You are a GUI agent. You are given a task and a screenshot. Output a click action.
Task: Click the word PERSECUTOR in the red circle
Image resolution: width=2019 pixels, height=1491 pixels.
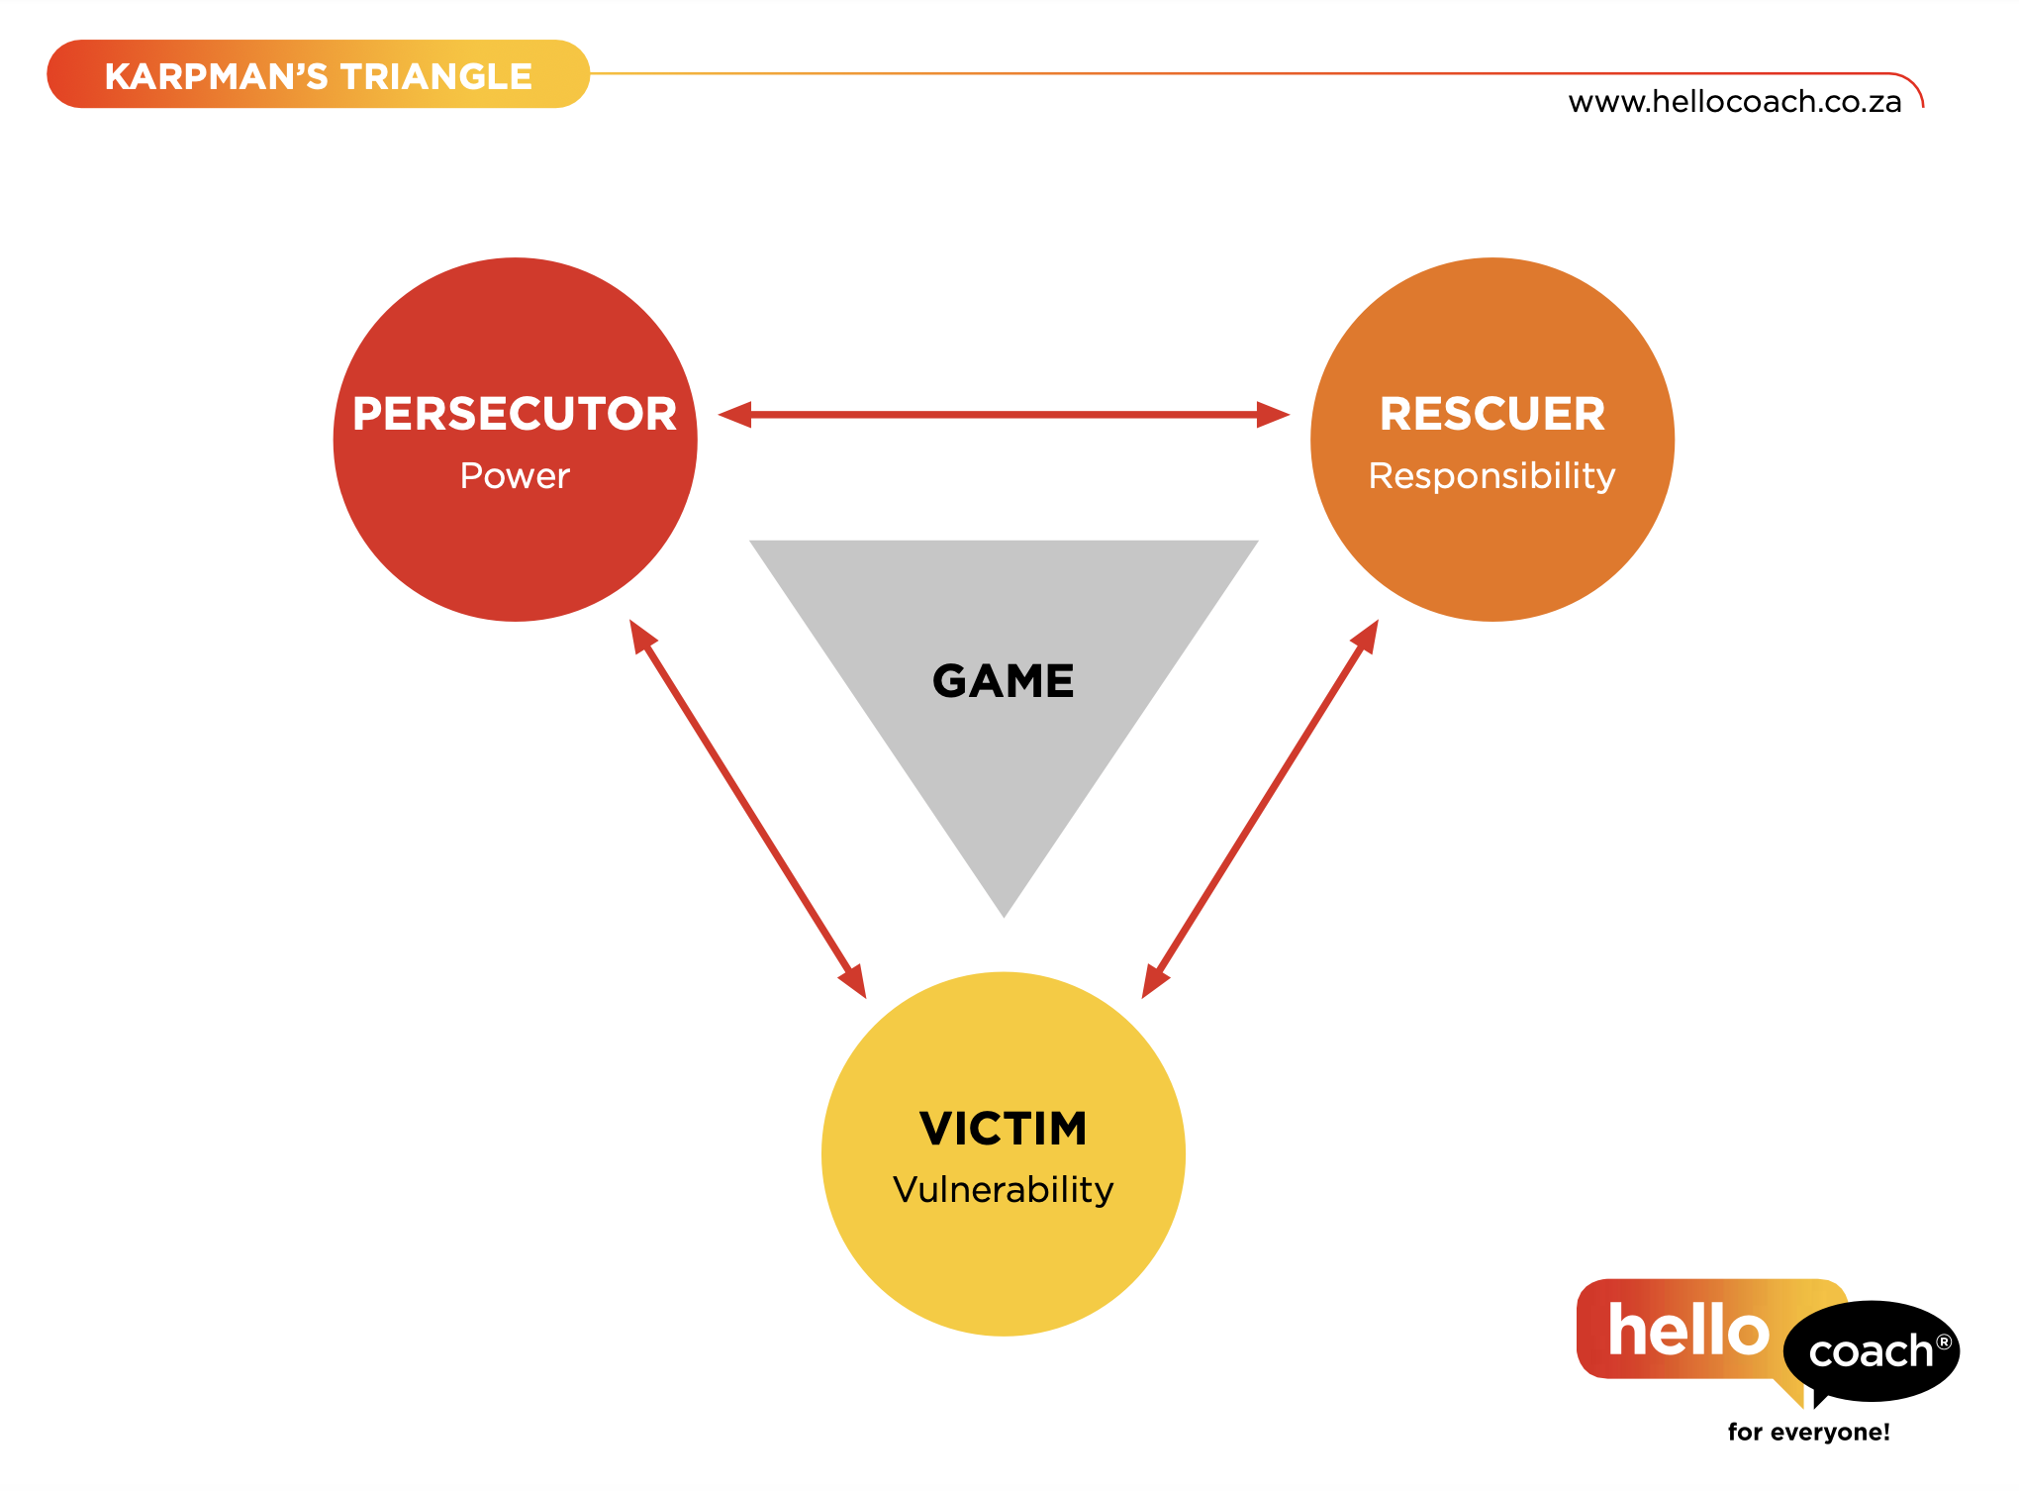pyautogui.click(x=515, y=414)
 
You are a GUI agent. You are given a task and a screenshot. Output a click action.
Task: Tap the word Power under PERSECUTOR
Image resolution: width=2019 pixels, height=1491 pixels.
pyautogui.click(x=515, y=476)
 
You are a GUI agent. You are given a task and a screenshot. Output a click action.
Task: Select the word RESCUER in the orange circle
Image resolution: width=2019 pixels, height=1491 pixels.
pyautogui.click(x=1492, y=414)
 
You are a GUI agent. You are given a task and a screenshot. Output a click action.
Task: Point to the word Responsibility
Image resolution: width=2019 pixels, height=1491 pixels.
pyautogui.click(x=1491, y=476)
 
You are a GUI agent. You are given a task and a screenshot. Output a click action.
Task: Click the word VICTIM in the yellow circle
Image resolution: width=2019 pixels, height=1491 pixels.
pyautogui.click(x=1003, y=1129)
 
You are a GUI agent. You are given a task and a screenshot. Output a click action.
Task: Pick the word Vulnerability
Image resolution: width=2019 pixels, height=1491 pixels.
pyautogui.click(x=1003, y=1189)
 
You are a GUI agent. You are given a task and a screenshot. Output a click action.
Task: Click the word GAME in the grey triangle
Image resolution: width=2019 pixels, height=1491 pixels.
pyautogui.click(x=1003, y=681)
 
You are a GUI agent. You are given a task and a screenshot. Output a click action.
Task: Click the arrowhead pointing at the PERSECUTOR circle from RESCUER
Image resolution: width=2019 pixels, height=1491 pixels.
pyautogui.click(x=735, y=415)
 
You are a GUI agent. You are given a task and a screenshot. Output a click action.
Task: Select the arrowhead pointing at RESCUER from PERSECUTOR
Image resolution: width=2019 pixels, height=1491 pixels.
pyautogui.click(x=1273, y=415)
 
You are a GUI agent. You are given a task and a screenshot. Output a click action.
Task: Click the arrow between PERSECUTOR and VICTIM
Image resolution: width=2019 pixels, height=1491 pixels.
pyautogui.click(x=747, y=808)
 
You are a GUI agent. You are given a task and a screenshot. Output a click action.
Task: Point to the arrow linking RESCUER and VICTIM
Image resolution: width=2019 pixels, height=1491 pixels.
pyautogui.click(x=1260, y=808)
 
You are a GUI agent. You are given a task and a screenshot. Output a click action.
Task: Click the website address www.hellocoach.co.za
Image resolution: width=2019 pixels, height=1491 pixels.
pyautogui.click(x=1734, y=102)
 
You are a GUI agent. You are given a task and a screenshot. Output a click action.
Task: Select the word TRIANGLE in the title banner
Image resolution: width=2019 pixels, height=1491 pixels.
pyautogui.click(x=436, y=76)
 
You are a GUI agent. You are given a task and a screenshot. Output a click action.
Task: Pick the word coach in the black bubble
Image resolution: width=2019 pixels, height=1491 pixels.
pyautogui.click(x=1870, y=1351)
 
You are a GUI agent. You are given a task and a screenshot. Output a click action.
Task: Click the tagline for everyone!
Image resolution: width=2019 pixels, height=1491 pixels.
pyautogui.click(x=1808, y=1432)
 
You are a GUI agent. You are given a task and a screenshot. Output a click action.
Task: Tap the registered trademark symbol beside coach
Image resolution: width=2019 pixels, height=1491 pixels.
pyautogui.click(x=1944, y=1342)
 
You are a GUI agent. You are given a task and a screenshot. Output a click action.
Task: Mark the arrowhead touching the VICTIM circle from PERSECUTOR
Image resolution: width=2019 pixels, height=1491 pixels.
pyautogui.click(x=854, y=981)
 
